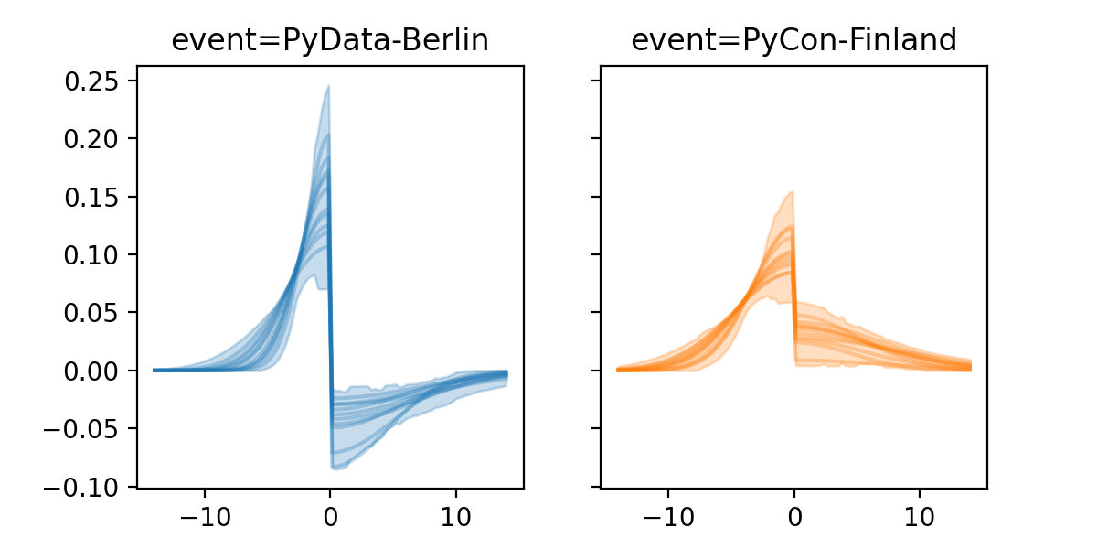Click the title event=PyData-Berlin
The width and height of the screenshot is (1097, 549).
[330, 40]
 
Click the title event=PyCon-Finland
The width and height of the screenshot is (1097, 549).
[793, 40]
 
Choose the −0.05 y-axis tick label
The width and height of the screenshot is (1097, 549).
[86, 428]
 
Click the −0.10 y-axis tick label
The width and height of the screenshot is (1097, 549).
[86, 486]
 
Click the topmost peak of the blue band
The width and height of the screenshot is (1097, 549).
[328, 87]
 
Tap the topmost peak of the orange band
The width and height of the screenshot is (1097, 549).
[792, 192]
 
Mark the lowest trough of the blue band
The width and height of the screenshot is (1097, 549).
[335, 468]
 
